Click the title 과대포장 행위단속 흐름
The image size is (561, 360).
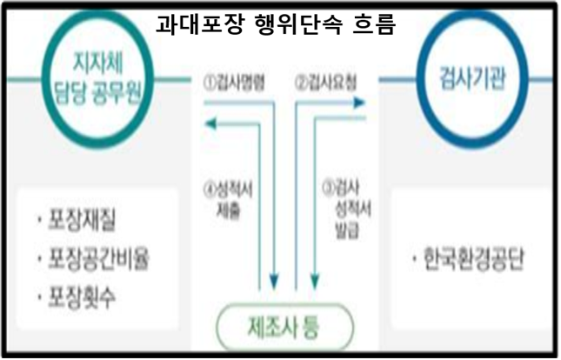tap(276, 24)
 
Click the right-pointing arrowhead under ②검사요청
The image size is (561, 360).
tap(359, 103)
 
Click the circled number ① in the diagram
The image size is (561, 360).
tap(210, 83)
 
